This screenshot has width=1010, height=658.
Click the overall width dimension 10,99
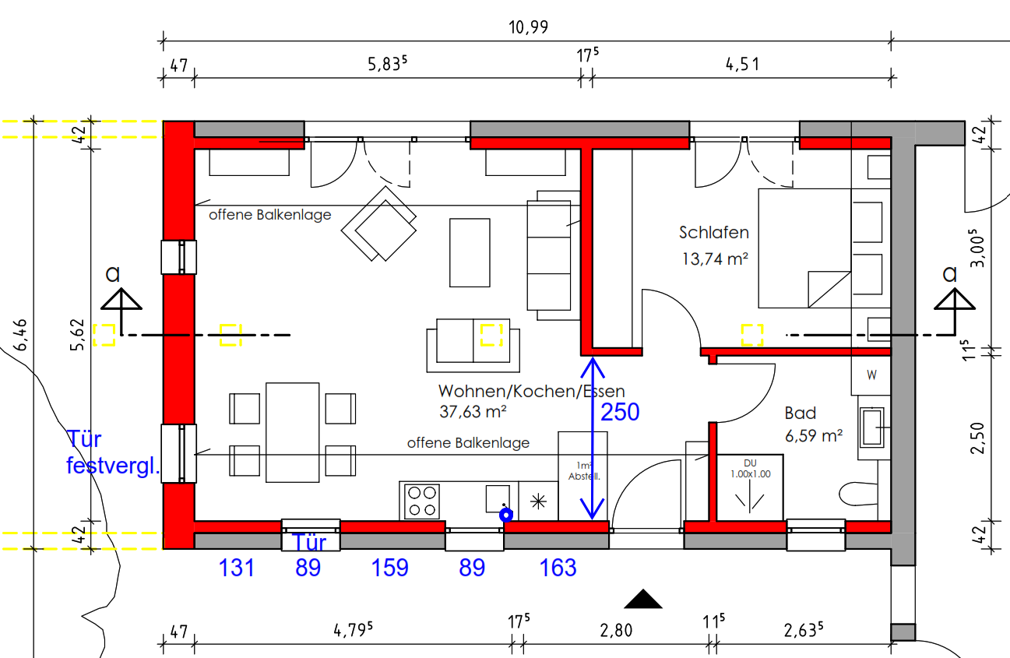tap(528, 27)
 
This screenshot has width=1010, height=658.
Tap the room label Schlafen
tap(714, 233)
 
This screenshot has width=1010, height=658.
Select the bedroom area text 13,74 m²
tap(715, 259)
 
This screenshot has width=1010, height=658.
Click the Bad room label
tap(801, 413)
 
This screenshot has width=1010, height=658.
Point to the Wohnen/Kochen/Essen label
tap(532, 391)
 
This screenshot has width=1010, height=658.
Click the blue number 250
tap(620, 412)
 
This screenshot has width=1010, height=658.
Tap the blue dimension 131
tap(236, 568)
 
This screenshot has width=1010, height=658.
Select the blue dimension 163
tap(558, 568)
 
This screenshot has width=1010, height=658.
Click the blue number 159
tap(389, 568)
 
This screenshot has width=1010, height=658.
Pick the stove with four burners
tap(422, 501)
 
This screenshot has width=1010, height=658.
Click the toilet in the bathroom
tap(859, 494)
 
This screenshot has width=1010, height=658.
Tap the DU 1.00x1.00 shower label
tap(750, 469)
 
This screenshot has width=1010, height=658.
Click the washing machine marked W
tap(871, 375)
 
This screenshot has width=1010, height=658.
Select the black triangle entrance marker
tap(643, 599)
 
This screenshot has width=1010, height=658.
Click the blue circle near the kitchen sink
tap(506, 515)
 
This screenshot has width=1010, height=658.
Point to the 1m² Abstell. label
tap(584, 471)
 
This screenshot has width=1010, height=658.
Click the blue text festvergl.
tap(113, 466)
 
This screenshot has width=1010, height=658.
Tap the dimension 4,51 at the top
tap(742, 65)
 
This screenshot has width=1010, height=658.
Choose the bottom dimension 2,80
tap(616, 630)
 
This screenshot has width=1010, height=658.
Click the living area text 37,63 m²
tap(473, 412)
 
